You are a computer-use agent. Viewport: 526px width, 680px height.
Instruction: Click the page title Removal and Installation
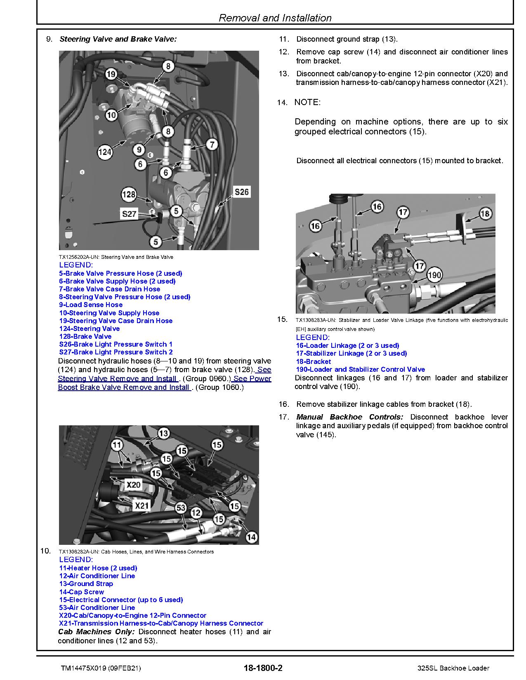[275, 18]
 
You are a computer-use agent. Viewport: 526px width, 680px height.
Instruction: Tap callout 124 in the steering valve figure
[105, 152]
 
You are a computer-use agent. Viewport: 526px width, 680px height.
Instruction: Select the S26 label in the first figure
[241, 192]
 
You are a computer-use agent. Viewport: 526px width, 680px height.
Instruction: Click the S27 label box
[129, 214]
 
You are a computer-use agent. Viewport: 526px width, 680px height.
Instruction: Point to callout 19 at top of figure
[111, 74]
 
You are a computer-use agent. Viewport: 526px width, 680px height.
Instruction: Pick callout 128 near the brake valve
[129, 194]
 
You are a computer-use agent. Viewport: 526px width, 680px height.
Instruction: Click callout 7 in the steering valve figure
[212, 144]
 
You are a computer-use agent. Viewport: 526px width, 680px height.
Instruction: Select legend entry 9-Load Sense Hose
[91, 305]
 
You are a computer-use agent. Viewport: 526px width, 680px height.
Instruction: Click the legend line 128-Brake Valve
[85, 336]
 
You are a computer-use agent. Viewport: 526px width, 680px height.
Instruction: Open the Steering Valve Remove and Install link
[118, 378]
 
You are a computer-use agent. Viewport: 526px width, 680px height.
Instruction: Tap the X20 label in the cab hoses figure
[133, 485]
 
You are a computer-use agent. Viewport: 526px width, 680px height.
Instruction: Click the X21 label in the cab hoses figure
[142, 505]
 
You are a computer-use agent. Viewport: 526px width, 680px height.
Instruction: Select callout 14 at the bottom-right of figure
[251, 537]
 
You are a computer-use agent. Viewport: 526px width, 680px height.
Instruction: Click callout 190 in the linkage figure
[434, 275]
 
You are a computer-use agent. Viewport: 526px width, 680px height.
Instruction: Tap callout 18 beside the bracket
[485, 213]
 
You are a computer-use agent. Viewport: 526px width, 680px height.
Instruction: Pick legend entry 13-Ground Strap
[86, 584]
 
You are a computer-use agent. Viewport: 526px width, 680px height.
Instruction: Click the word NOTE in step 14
[307, 102]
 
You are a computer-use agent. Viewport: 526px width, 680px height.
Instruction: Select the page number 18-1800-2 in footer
[263, 668]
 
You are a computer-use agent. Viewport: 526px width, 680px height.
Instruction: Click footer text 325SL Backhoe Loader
[453, 668]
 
